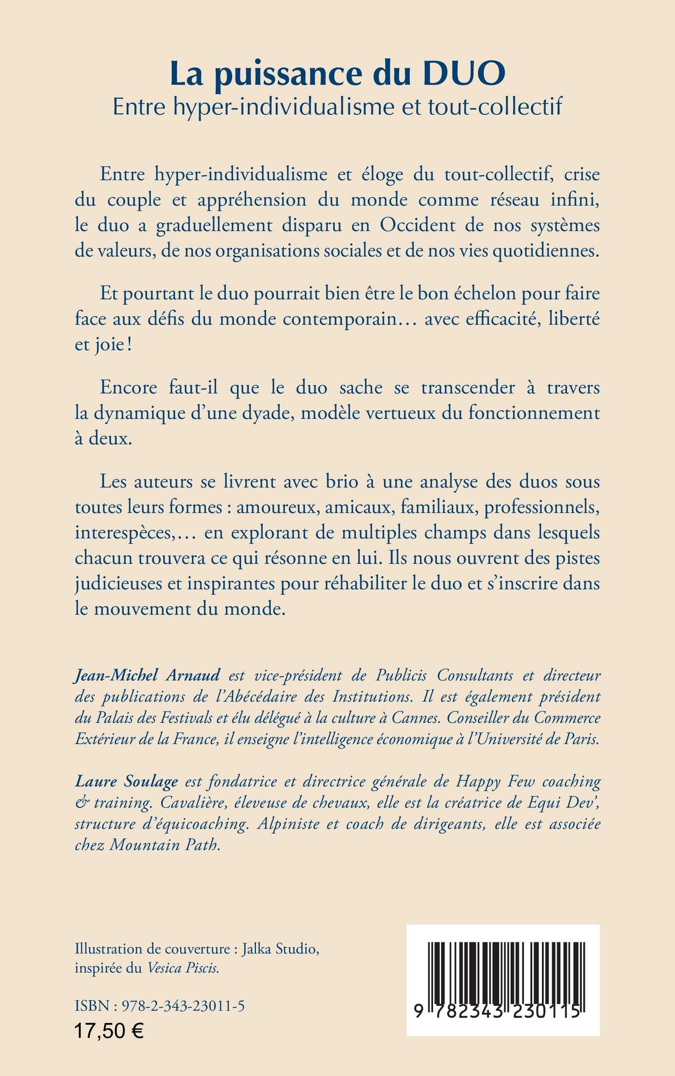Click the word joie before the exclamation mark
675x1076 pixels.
click(108, 345)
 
